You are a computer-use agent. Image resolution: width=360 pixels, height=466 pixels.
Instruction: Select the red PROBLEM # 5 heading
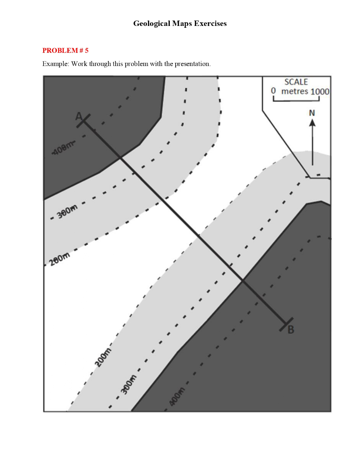pos(65,51)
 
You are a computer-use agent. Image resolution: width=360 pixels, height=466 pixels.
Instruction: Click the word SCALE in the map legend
pos(296,82)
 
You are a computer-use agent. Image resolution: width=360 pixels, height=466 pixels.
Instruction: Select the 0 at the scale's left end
pos(274,91)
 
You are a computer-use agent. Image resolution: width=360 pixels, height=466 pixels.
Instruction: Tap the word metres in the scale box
pos(295,91)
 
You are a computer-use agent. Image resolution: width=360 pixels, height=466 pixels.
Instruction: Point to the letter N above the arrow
pos(312,112)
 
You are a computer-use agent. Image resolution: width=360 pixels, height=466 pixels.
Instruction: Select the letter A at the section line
pos(79,116)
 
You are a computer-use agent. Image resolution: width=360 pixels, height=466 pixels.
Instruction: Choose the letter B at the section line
pos(291,329)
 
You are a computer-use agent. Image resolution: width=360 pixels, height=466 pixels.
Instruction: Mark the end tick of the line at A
pos(83,121)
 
